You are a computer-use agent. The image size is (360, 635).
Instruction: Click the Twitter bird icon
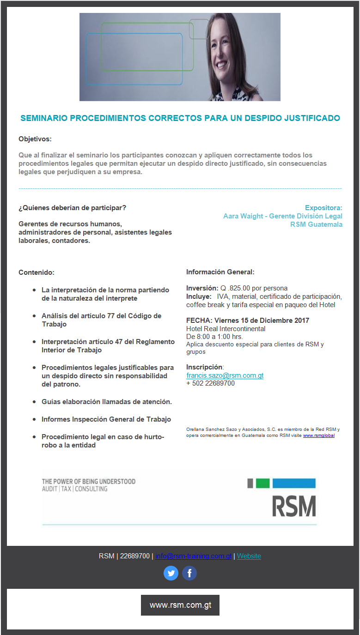[171, 573]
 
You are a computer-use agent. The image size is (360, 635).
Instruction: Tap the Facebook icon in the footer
[189, 573]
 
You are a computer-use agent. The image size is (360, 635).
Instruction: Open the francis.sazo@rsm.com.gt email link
[225, 375]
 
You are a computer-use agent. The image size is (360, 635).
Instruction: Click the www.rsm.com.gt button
[180, 605]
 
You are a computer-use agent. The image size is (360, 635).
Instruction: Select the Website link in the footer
[249, 556]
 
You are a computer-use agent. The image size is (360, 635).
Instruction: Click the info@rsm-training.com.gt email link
[193, 556]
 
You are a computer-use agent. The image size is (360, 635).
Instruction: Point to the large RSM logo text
[294, 506]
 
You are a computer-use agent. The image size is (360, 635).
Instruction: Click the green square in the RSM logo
[262, 483]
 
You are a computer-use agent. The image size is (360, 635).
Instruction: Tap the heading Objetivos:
[35, 139]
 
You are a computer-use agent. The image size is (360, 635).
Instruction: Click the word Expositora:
[323, 208]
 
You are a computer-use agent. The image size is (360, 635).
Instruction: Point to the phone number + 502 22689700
[210, 383]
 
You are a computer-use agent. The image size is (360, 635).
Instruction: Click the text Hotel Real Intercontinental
[226, 329]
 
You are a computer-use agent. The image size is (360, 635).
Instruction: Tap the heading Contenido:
[37, 272]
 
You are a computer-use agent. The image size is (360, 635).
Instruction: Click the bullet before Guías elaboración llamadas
[34, 402]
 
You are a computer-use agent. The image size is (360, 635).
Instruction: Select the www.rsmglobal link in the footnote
[319, 435]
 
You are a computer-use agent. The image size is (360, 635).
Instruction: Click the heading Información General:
[220, 272]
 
